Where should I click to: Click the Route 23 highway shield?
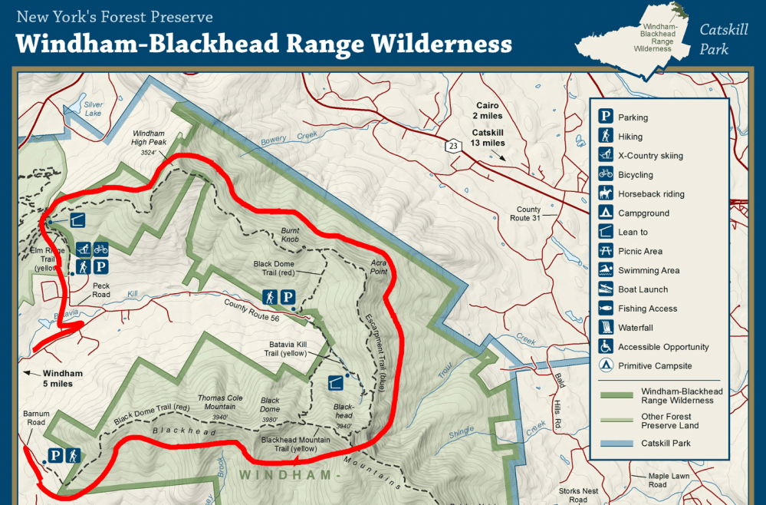tap(454, 145)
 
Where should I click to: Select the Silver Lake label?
tap(94, 108)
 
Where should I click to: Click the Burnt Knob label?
tap(289, 235)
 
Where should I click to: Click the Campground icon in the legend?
tap(606, 213)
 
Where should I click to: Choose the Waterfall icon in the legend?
tap(606, 327)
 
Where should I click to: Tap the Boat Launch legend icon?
tap(606, 289)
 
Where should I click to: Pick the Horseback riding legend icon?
tap(606, 193)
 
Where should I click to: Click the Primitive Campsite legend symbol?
tap(606, 365)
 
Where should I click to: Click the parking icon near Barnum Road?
tap(55, 455)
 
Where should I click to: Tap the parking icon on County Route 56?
tap(288, 297)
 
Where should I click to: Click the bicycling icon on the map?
tap(101, 249)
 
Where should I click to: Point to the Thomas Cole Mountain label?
tap(221, 402)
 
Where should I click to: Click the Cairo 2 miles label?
tap(488, 111)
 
